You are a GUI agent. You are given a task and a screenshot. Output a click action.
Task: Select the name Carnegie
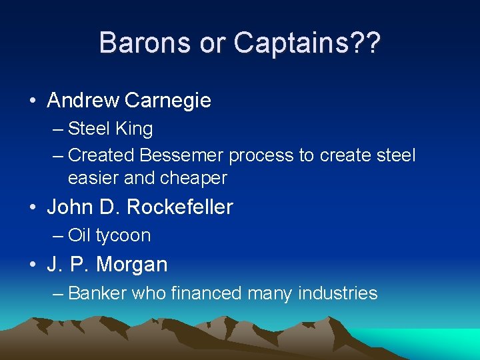(x=167, y=101)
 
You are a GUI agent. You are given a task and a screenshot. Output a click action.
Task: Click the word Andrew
(x=83, y=101)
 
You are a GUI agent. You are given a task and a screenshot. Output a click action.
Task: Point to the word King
(x=133, y=129)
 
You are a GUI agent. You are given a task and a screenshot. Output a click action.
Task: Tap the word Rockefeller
(x=179, y=207)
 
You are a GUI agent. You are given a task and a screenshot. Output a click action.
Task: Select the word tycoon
(x=123, y=235)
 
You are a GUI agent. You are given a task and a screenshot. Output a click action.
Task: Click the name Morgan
(x=132, y=265)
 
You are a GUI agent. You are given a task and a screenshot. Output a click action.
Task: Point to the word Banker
(x=97, y=293)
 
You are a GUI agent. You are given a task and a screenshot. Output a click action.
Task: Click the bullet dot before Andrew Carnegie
(x=32, y=101)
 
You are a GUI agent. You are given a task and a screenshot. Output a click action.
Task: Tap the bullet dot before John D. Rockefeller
(x=32, y=208)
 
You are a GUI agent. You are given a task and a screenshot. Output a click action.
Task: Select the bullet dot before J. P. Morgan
(x=32, y=265)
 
